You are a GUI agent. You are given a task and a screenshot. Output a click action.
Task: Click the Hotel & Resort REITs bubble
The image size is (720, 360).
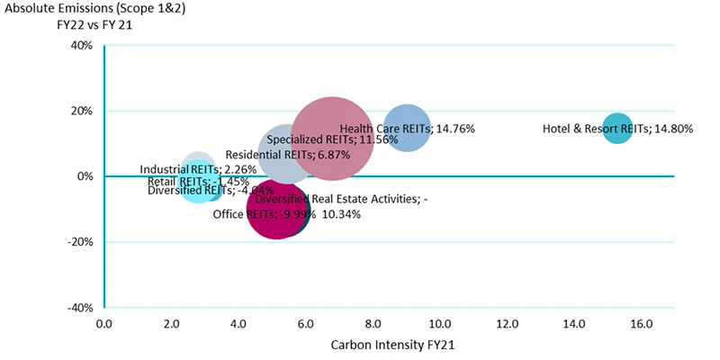click(616, 128)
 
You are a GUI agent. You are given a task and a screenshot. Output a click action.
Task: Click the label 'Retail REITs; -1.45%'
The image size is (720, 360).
click(198, 182)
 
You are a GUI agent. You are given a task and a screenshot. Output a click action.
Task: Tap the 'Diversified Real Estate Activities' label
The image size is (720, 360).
click(341, 199)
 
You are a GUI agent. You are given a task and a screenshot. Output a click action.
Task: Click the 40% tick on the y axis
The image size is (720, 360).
click(81, 46)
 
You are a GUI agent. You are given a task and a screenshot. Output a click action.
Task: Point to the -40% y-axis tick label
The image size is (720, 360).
click(79, 307)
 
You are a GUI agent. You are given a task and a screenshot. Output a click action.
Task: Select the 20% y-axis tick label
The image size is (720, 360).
click(81, 112)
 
